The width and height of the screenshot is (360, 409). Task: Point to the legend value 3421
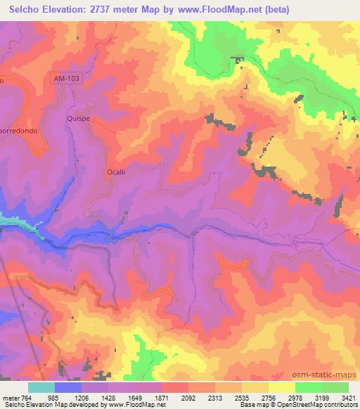coord(349,397)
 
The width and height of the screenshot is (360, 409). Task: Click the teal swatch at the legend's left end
coord(41,387)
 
